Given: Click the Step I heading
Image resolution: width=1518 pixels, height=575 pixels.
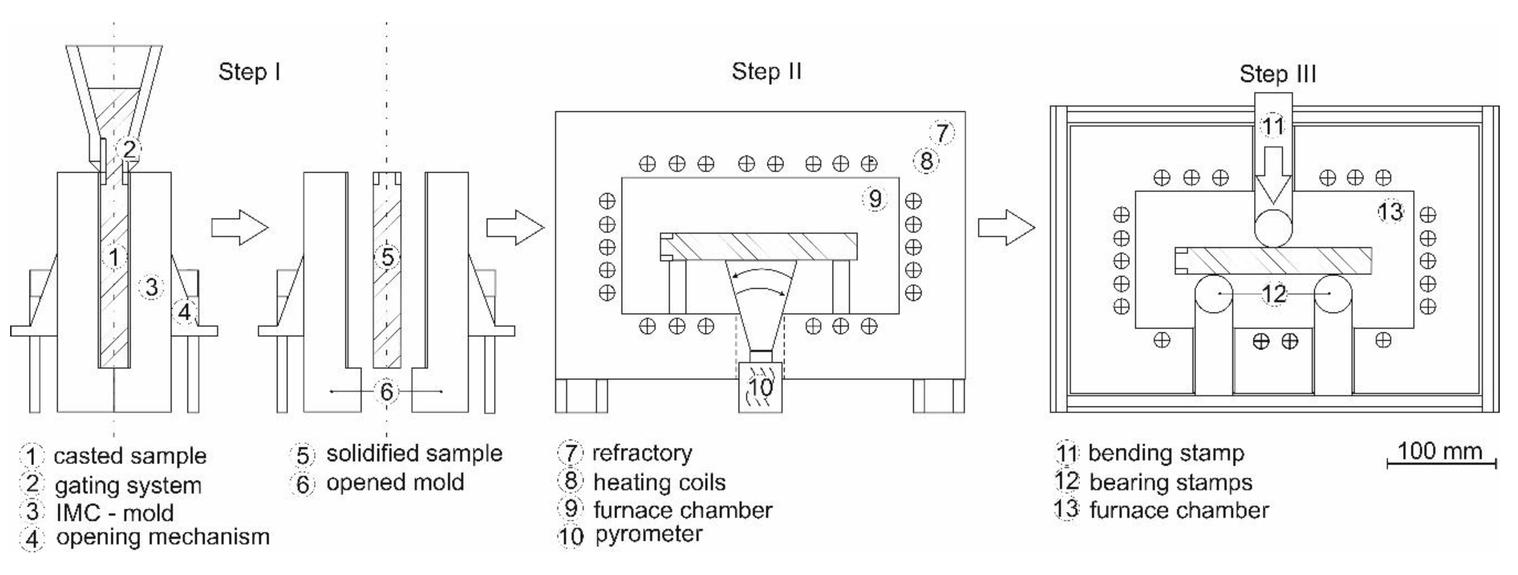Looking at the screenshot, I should pyautogui.click(x=249, y=72).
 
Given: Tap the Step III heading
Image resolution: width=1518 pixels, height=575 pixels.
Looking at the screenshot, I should pyautogui.click(x=1277, y=74).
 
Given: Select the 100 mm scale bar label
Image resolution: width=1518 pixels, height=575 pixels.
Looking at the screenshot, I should pyautogui.click(x=1439, y=451).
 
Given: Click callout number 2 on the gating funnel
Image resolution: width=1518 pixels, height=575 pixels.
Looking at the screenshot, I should pyautogui.click(x=129, y=149).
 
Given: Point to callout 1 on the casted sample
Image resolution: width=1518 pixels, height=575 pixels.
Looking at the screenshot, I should pyautogui.click(x=114, y=257).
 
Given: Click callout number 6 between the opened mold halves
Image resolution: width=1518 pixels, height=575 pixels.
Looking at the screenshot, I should pyautogui.click(x=386, y=391).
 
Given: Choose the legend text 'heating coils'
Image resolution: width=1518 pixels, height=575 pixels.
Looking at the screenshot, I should pyautogui.click(x=659, y=482).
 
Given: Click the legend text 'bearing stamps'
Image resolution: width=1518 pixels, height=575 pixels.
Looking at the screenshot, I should pyautogui.click(x=1170, y=482).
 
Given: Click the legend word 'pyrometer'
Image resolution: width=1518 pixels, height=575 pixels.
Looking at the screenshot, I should pyautogui.click(x=648, y=535).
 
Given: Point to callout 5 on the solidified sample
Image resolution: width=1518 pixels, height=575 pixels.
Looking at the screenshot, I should pyautogui.click(x=387, y=257).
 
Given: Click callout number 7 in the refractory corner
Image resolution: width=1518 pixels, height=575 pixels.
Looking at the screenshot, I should pyautogui.click(x=942, y=132).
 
